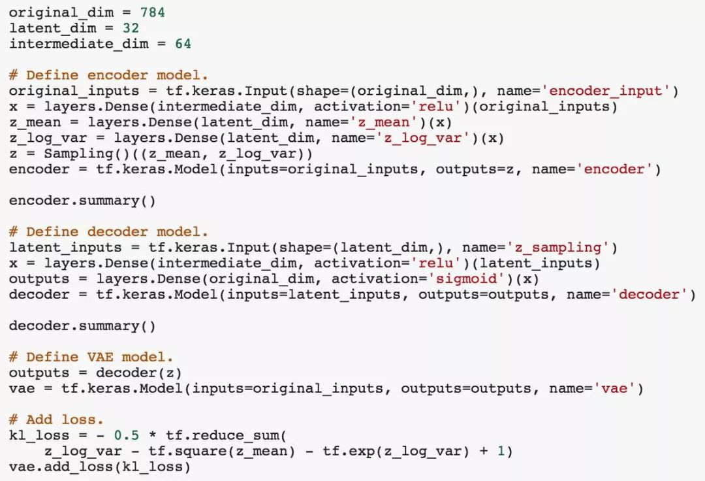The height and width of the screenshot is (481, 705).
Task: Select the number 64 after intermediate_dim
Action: tap(183, 44)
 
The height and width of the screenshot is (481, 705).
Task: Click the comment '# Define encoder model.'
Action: tap(108, 75)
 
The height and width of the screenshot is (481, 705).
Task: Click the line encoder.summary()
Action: tap(82, 201)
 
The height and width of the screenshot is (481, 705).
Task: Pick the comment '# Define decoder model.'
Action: tap(108, 232)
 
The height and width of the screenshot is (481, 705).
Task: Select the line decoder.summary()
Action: tap(82, 325)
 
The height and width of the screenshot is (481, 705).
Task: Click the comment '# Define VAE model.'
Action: tap(91, 357)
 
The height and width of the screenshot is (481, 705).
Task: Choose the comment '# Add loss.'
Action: tap(56, 420)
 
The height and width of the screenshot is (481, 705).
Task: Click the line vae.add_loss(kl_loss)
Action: tap(100, 467)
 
